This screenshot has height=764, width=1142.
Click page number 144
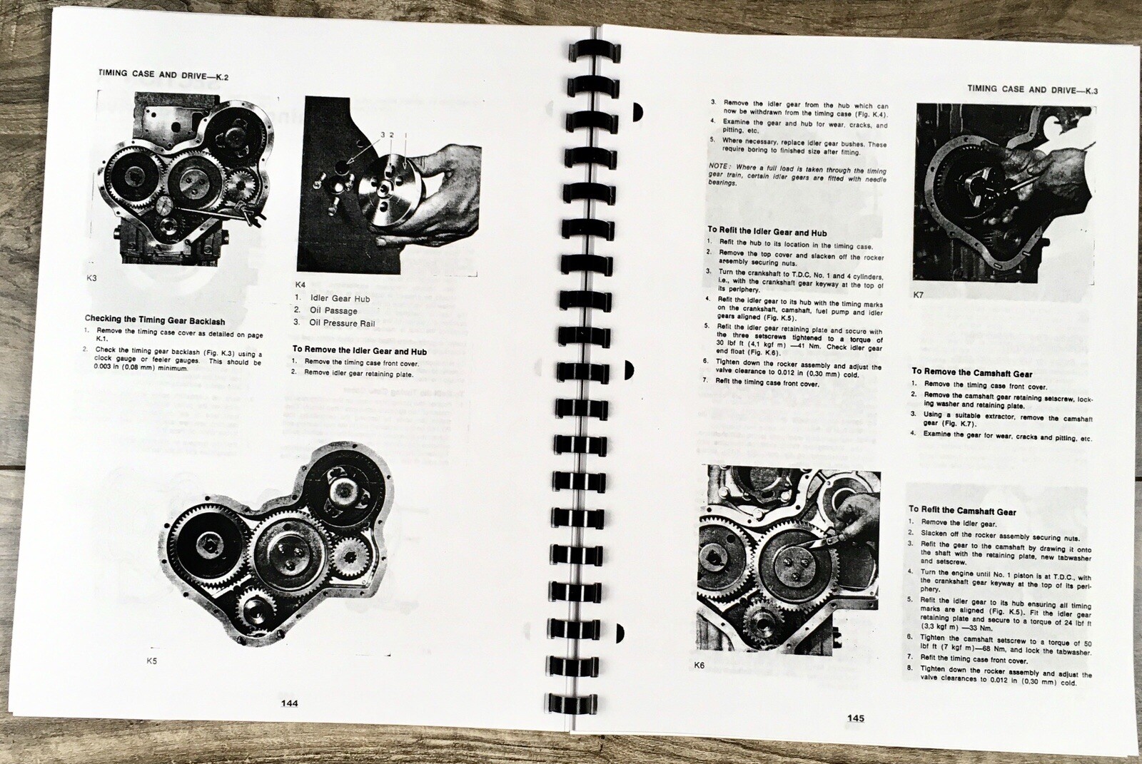tap(289, 703)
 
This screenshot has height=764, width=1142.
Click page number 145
tap(855, 718)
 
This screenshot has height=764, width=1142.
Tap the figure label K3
tap(91, 278)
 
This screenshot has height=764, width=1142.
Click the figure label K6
tap(699, 666)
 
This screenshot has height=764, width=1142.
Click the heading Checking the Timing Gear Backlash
tap(155, 320)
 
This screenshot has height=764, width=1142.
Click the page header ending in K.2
tap(168, 73)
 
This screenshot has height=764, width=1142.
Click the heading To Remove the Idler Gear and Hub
tap(359, 351)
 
